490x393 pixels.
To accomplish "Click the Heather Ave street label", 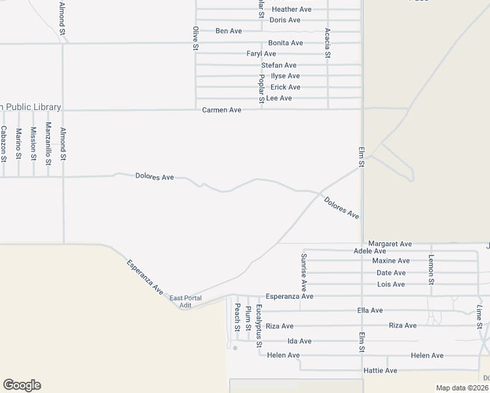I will pos(292,10).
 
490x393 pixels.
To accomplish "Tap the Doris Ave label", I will pos(285,20).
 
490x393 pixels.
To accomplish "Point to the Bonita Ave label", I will pos(286,43).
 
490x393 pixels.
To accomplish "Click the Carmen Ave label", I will pos(222,110).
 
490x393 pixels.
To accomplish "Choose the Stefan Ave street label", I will pos(279,65).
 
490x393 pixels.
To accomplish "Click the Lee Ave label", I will pos(279,98).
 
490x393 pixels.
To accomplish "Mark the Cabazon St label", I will pos(4,143).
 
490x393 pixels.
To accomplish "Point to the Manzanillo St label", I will pos(48,143).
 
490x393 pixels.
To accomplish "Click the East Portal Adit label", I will pos(185,302).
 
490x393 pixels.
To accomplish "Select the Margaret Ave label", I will pos(390,244).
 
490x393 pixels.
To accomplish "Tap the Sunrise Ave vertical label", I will pos(303,272).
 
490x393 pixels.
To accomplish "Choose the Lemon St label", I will pos(430,269).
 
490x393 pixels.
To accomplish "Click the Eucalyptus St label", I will pos(259,326).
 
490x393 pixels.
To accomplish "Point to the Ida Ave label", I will pos(299,341).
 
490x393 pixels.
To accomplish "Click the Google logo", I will pos(22,385).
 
